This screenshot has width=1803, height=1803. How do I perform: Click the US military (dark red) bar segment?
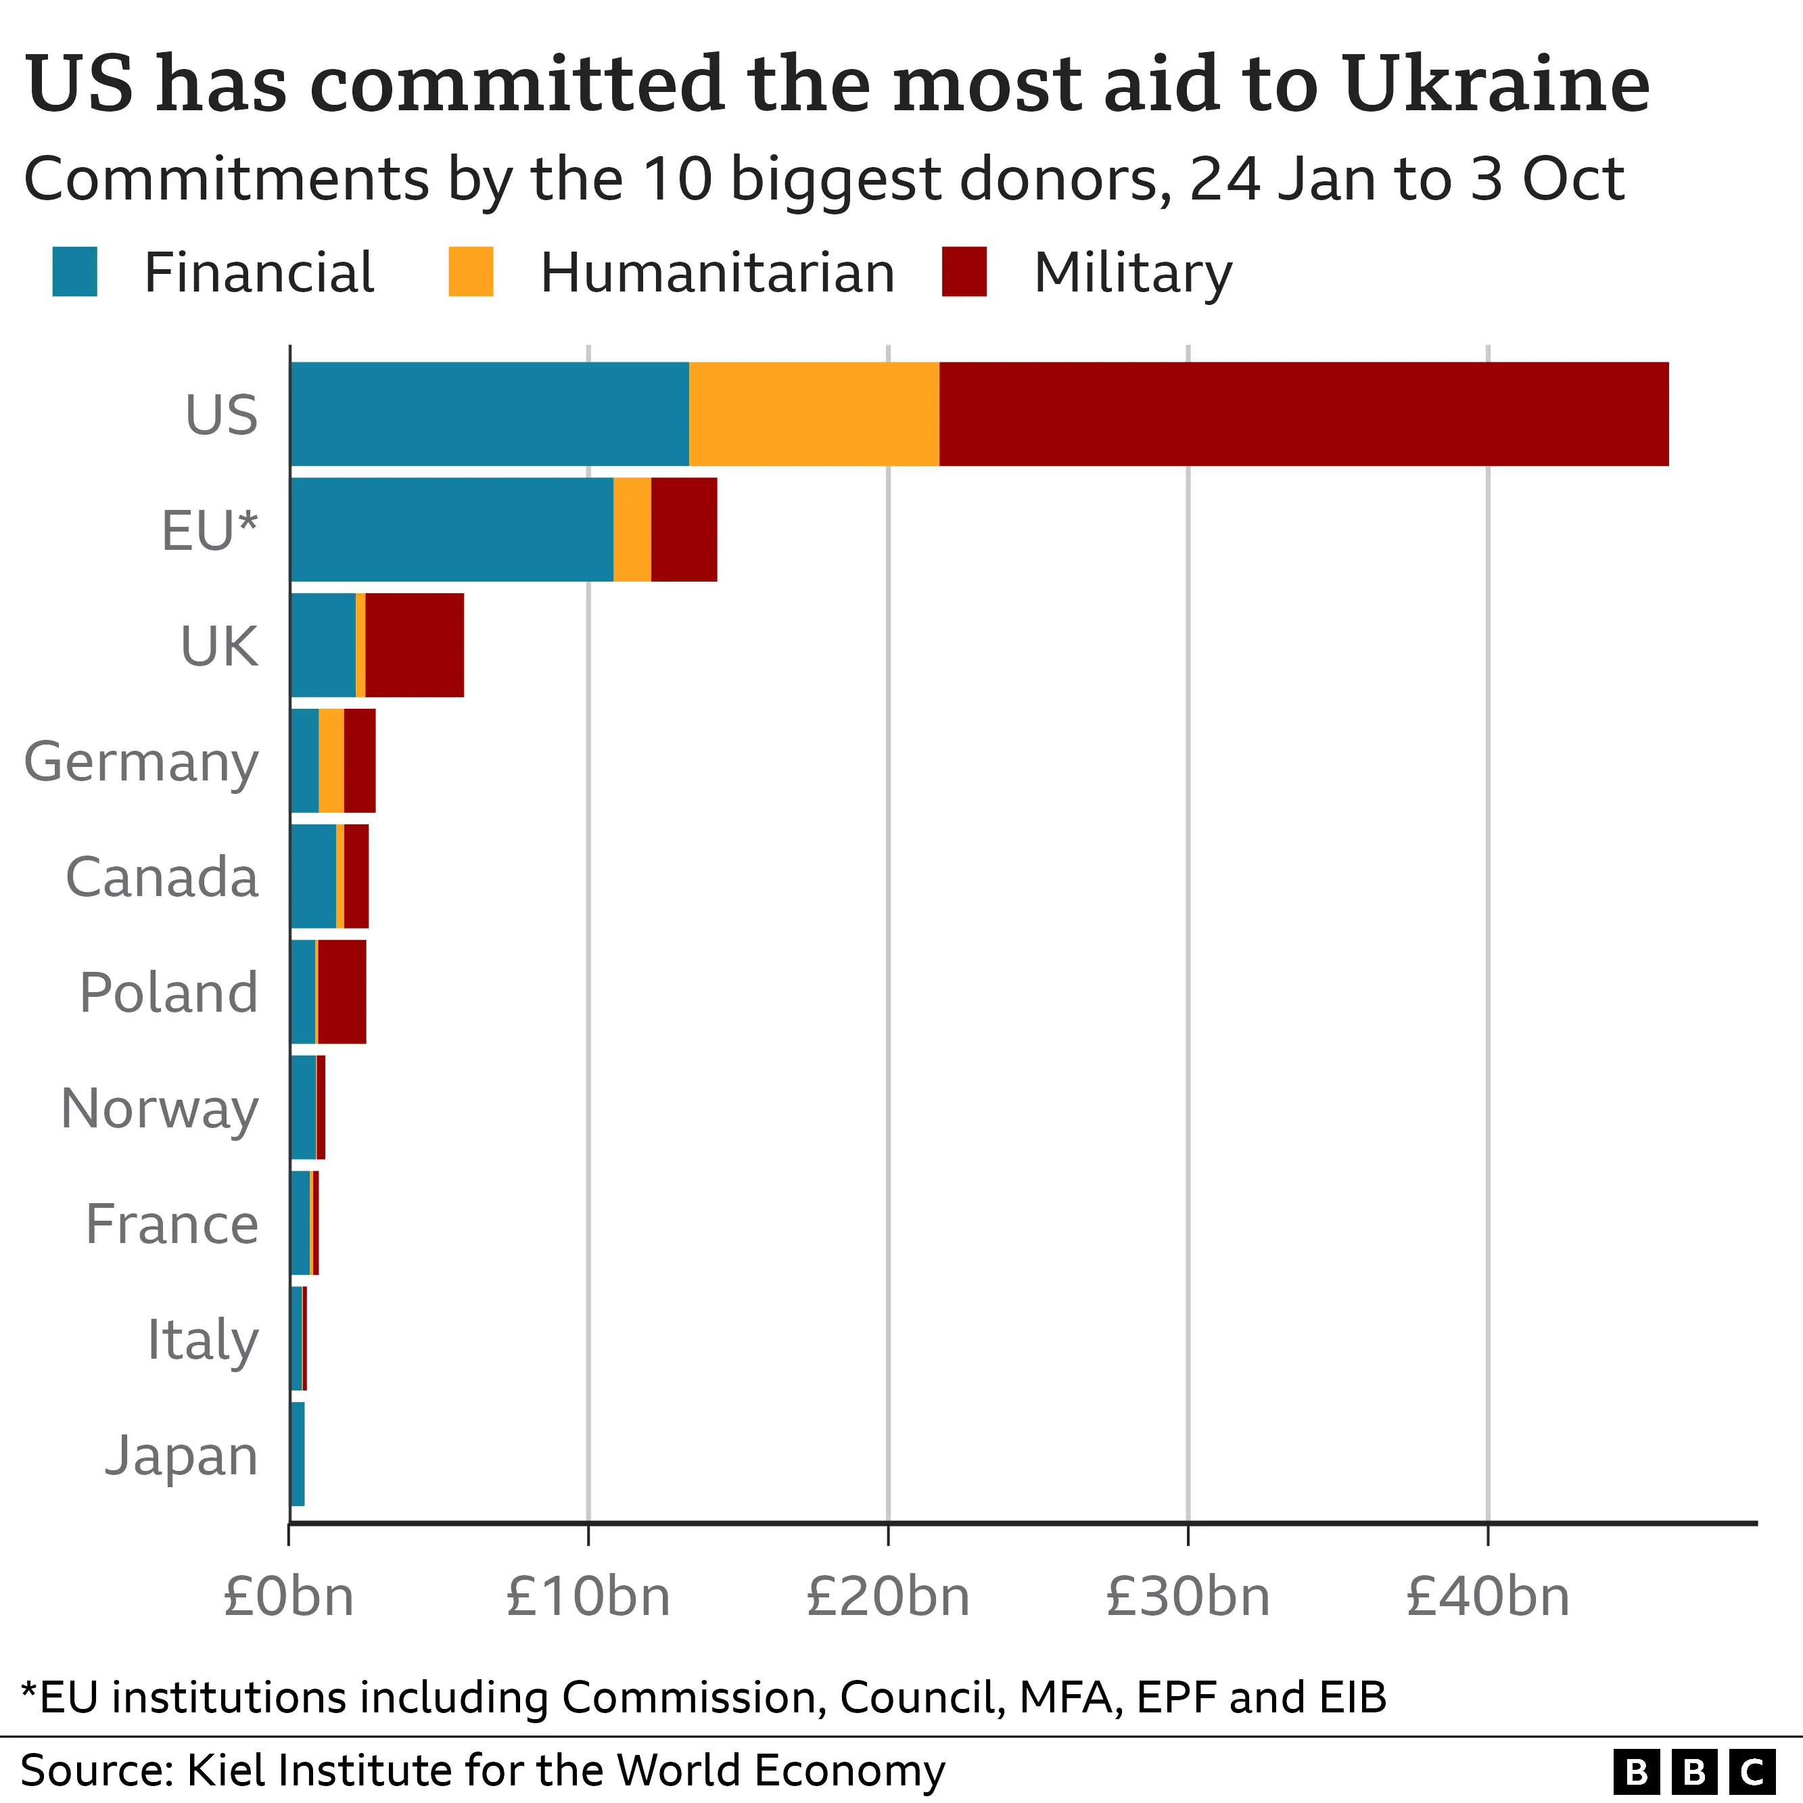click(x=1303, y=413)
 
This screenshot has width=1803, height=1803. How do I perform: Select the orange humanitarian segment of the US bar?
click(x=814, y=413)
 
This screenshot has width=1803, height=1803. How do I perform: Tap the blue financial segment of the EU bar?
click(x=452, y=529)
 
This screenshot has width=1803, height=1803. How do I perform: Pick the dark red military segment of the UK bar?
click(x=415, y=645)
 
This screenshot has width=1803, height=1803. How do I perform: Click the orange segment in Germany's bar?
click(x=331, y=761)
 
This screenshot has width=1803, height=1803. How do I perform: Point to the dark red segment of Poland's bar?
click(x=342, y=992)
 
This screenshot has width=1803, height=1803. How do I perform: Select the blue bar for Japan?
click(x=297, y=1454)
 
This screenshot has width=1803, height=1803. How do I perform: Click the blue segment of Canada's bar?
click(x=312, y=876)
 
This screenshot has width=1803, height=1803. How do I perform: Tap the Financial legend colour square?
click(x=74, y=272)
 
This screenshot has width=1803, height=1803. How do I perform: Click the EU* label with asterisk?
click(x=209, y=530)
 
